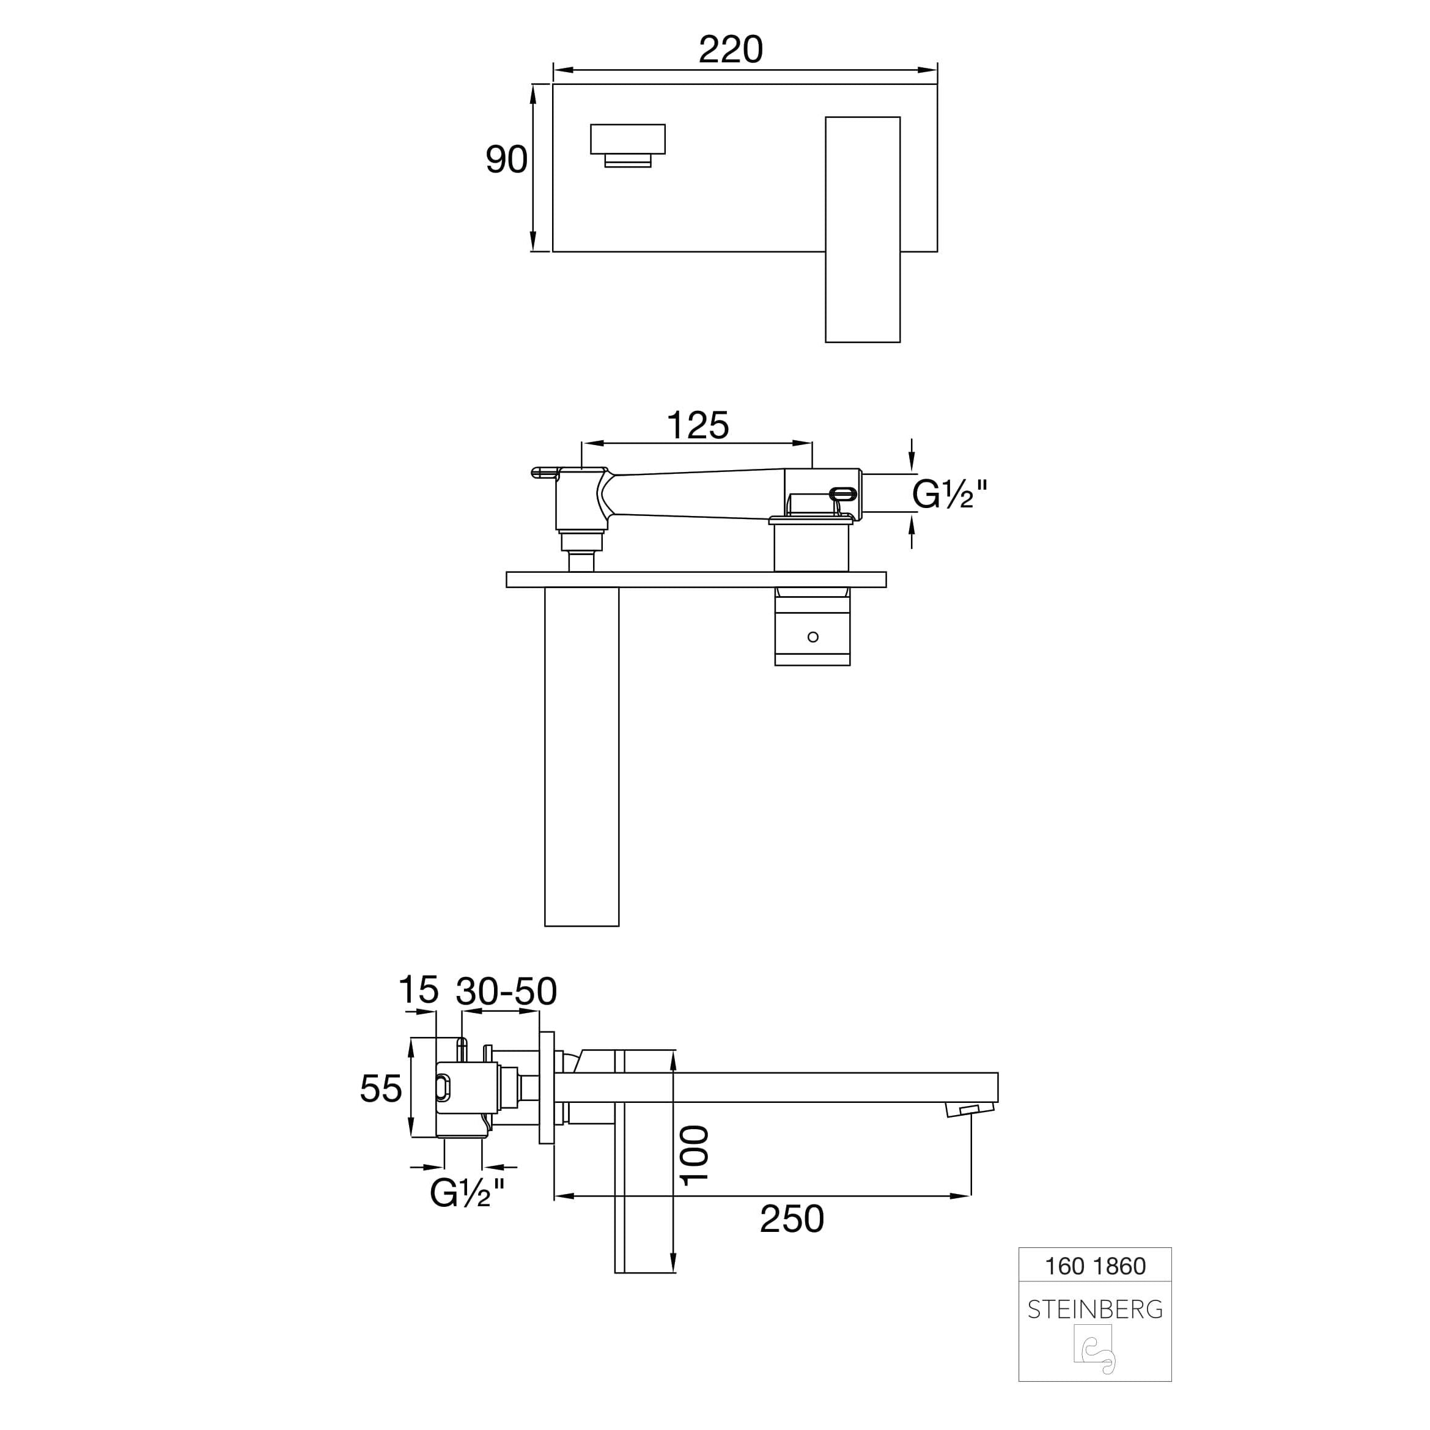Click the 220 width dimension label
(731, 50)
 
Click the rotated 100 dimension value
(695, 1156)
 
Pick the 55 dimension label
(380, 1089)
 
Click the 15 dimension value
(418, 990)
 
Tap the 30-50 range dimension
(506, 992)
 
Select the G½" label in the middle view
(949, 494)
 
